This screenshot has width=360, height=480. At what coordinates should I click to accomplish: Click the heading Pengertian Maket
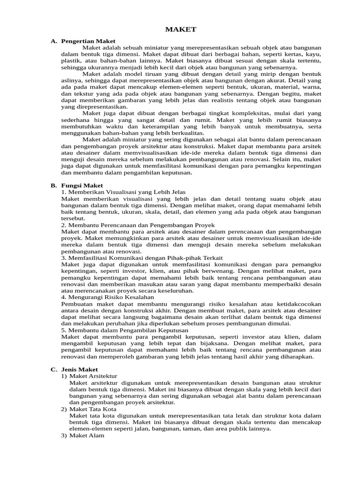pyautogui.click(x=88, y=41)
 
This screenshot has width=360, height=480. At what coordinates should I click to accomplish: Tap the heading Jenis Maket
pyautogui.click(x=79, y=369)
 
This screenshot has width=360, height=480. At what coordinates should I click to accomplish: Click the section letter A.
pyautogui.click(x=53, y=41)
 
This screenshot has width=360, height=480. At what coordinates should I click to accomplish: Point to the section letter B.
pyautogui.click(x=53, y=186)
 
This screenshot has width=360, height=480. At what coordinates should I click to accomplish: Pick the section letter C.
pyautogui.click(x=53, y=369)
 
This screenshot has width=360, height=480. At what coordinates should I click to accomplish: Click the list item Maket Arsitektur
pyautogui.click(x=94, y=376)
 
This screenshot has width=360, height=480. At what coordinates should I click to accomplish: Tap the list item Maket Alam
pyautogui.click(x=87, y=435)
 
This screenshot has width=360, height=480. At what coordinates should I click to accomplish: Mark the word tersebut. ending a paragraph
pyautogui.click(x=73, y=218)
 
